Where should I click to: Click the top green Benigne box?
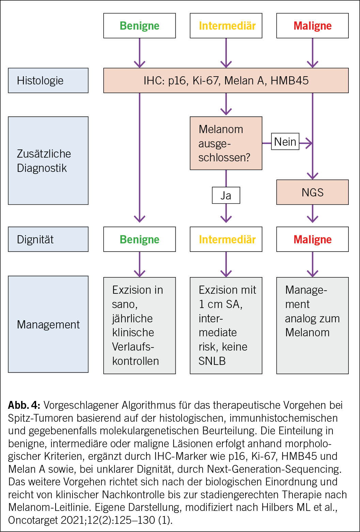click(139, 26)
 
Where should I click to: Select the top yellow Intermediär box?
click(226, 26)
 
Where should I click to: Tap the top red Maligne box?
click(312, 26)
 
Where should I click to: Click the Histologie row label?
click(48, 81)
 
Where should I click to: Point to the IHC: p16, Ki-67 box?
click(226, 81)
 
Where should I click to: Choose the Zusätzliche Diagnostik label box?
click(48, 161)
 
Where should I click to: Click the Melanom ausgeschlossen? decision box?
click(226, 143)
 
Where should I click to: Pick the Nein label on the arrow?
click(285, 142)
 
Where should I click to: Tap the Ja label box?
click(226, 195)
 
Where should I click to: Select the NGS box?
click(312, 192)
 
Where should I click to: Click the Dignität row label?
click(48, 239)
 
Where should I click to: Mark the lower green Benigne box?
click(139, 239)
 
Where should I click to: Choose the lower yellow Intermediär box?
click(226, 239)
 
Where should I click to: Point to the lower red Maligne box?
click(312, 239)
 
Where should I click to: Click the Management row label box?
click(48, 324)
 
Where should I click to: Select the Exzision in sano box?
click(139, 325)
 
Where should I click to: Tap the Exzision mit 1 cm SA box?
click(226, 325)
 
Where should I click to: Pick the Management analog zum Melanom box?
click(312, 325)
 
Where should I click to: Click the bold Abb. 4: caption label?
click(24, 405)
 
